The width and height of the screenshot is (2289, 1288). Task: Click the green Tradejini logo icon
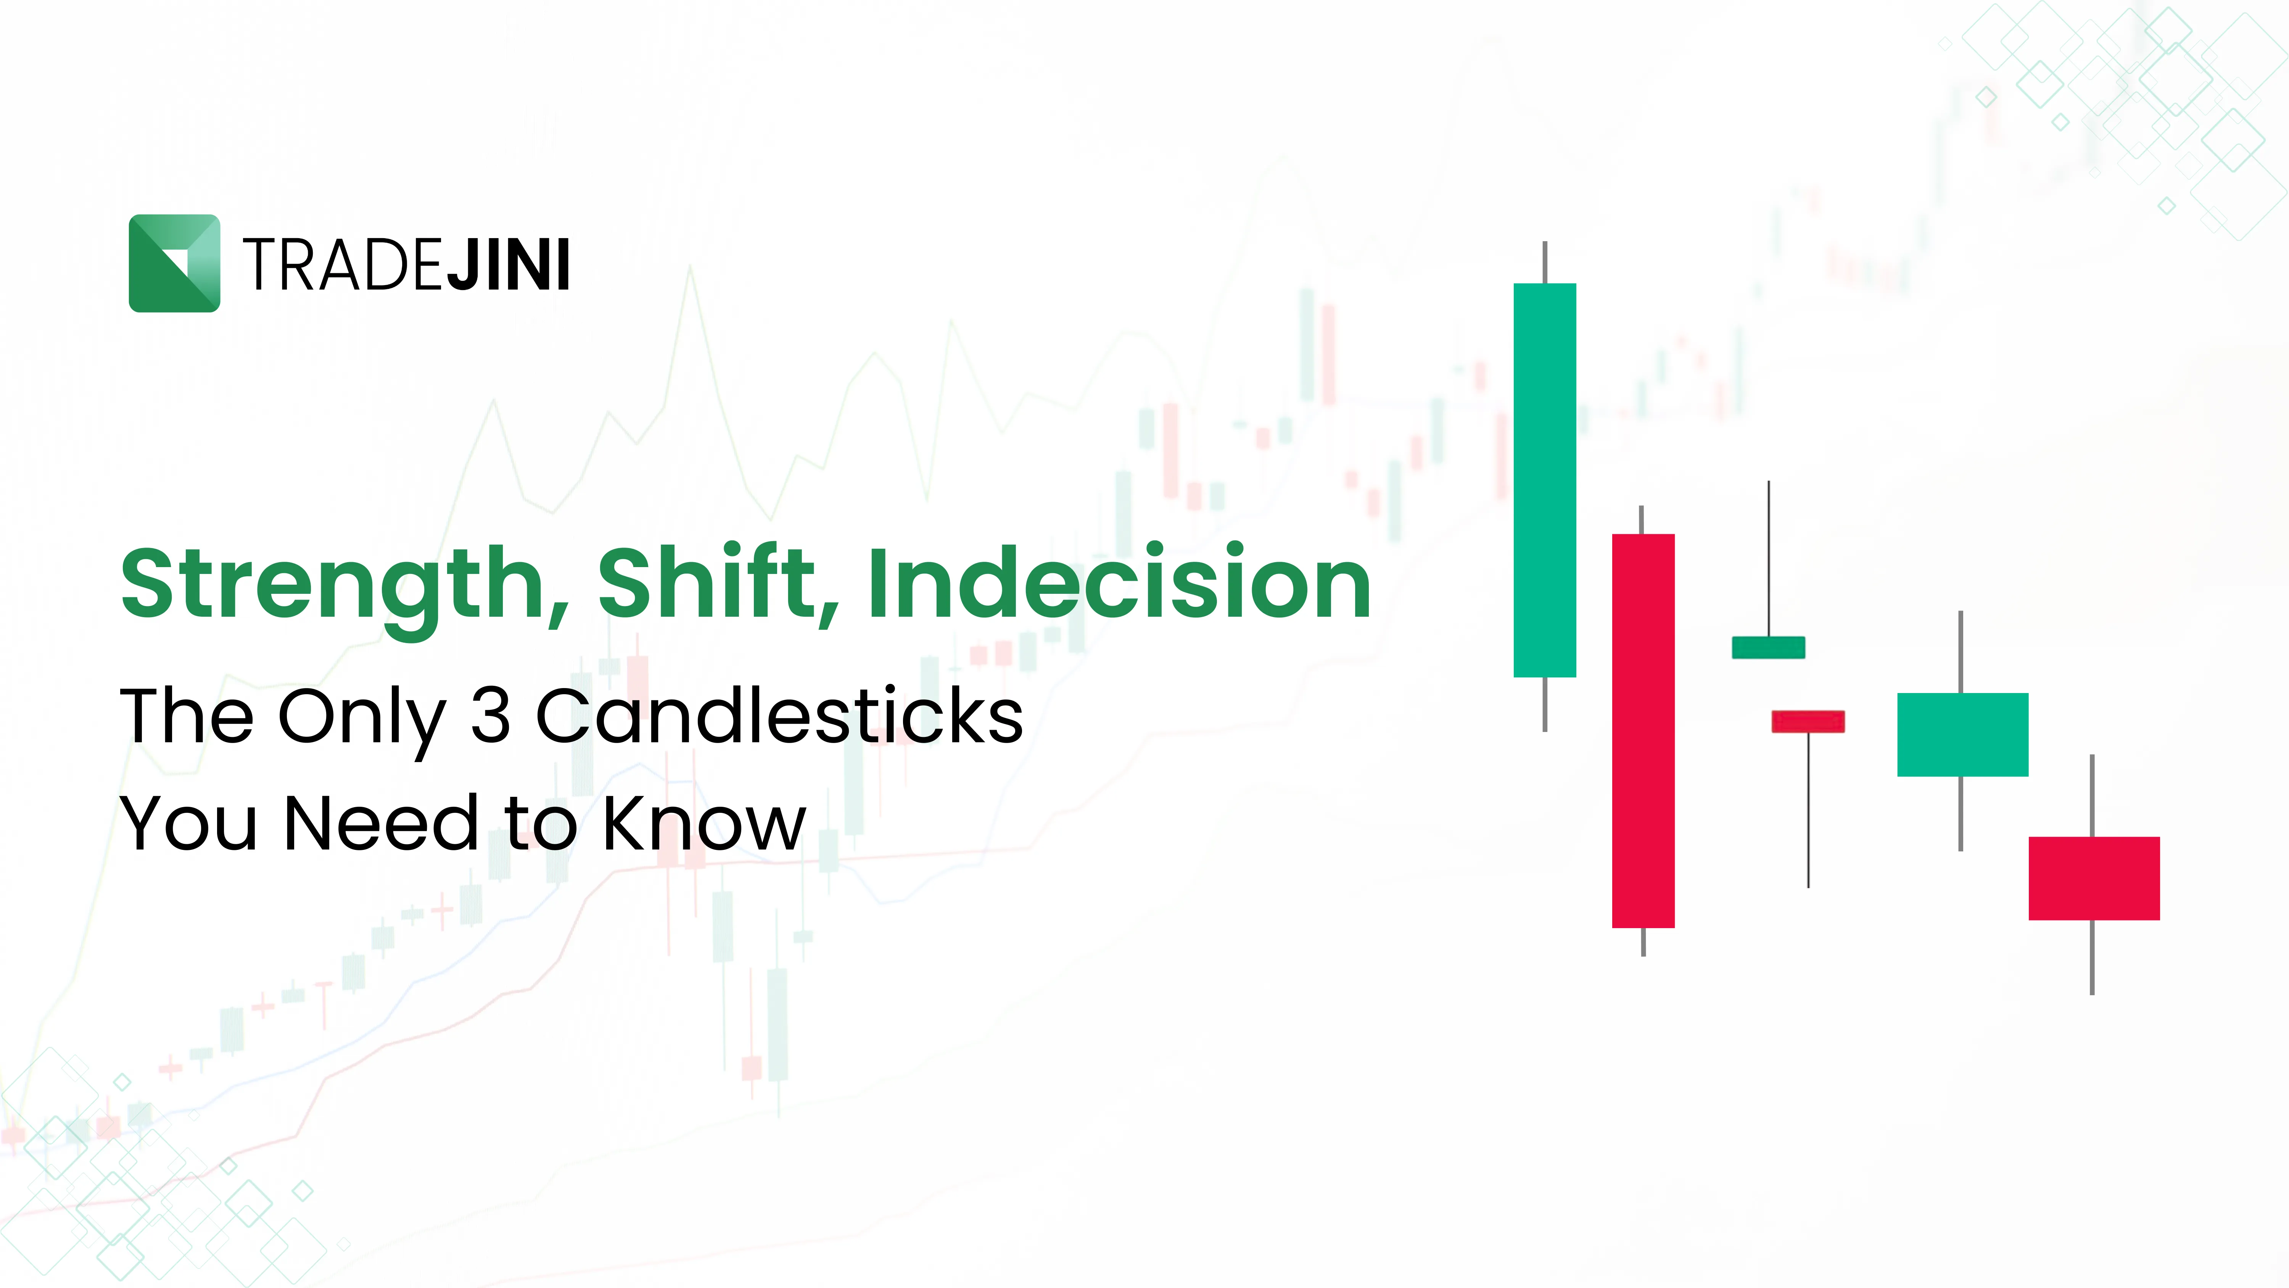click(x=174, y=263)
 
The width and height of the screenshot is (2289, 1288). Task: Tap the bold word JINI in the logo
click(x=507, y=265)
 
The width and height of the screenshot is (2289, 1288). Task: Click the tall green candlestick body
click(x=1544, y=480)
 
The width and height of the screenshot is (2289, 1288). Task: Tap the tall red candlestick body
click(x=1643, y=731)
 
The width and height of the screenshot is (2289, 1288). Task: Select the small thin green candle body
click(x=1768, y=647)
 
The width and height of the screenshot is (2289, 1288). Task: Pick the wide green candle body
click(x=1962, y=734)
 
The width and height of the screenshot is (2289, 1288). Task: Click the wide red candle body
click(x=2094, y=878)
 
